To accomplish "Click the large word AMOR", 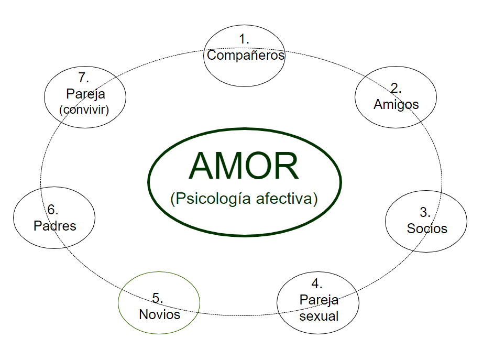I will click(x=244, y=166).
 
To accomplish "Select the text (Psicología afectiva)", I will click(x=244, y=199).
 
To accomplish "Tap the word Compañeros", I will click(x=245, y=55).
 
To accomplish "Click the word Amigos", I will click(x=396, y=104).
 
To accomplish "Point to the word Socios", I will click(x=427, y=228).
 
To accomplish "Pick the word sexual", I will click(x=319, y=316).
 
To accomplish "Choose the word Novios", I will click(x=159, y=314).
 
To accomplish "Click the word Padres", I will click(x=54, y=226).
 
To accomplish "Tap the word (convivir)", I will click(x=85, y=110).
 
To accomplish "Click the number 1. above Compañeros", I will click(x=244, y=39).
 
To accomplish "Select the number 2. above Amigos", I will click(x=396, y=88).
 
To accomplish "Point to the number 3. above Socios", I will click(x=425, y=212).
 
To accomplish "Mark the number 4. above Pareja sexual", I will click(x=316, y=283).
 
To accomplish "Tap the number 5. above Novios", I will click(x=158, y=298).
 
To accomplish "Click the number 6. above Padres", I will click(x=53, y=210).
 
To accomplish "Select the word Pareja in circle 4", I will click(x=319, y=300).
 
